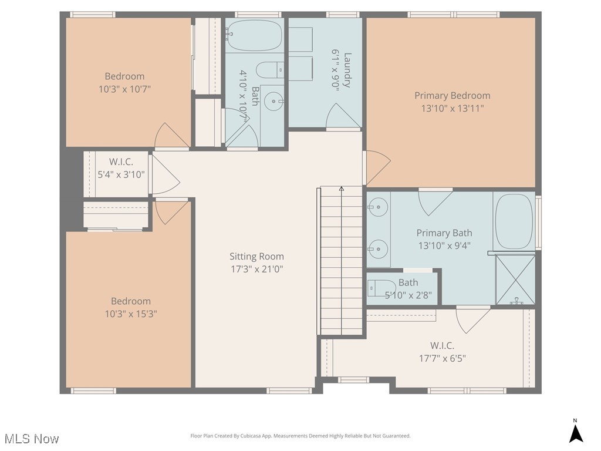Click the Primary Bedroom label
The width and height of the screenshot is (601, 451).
[452, 96]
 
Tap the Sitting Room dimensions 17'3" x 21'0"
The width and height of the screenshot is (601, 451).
[256, 270]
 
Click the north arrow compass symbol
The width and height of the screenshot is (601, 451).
[576, 432]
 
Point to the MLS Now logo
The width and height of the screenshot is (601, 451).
[31, 439]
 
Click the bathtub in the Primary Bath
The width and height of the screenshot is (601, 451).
[514, 222]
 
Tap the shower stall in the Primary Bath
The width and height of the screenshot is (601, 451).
[515, 280]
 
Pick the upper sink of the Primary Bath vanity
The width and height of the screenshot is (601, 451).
[379, 206]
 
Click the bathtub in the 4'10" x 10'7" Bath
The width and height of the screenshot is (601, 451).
[254, 36]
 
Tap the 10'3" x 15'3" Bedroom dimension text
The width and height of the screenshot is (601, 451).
[131, 314]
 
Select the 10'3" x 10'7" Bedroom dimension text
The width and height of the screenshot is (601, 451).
[124, 89]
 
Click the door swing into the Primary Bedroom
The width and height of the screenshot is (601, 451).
[377, 167]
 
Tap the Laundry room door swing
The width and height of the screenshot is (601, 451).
[343, 116]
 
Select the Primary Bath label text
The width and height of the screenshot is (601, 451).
[444, 233]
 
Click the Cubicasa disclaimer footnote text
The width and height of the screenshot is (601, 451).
[300, 436]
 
